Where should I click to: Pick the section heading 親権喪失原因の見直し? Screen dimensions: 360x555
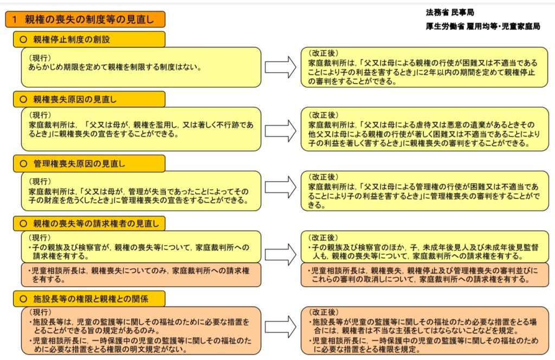(x=75, y=99)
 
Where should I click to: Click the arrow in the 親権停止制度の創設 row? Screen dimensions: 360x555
(x=280, y=67)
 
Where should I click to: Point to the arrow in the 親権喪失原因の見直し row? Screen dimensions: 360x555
(x=280, y=130)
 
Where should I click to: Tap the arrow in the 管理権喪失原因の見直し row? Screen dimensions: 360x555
(x=280, y=190)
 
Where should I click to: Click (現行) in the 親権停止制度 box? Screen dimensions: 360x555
(x=40, y=57)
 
